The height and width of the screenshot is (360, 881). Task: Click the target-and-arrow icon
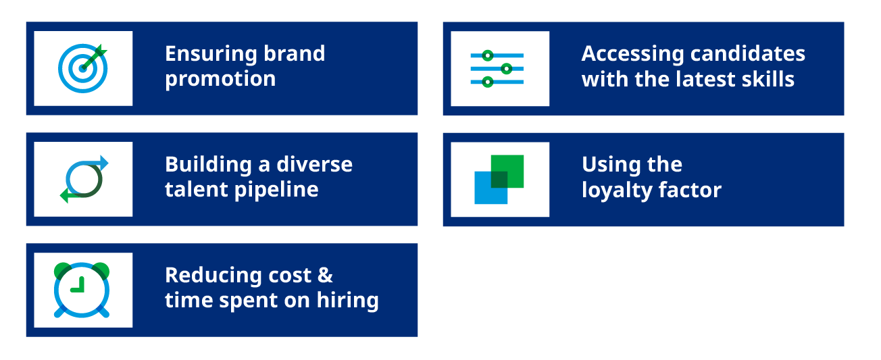click(x=82, y=68)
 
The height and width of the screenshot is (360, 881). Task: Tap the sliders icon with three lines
click(x=497, y=69)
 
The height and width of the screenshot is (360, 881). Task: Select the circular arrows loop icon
click(x=84, y=179)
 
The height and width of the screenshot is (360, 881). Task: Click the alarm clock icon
click(x=82, y=290)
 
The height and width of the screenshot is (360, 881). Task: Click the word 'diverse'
click(x=314, y=164)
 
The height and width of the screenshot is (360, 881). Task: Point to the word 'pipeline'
click(x=276, y=190)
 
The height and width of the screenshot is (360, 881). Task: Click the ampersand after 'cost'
click(x=325, y=275)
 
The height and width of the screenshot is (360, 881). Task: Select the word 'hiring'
click(x=348, y=301)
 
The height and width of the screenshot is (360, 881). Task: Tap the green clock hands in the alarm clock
click(x=78, y=286)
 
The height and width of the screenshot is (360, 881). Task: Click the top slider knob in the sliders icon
click(x=488, y=55)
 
